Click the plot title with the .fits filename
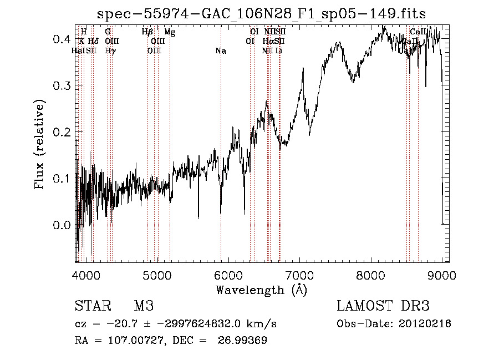pyautogui.click(x=261, y=14)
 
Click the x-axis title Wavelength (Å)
pyautogui.click(x=261, y=290)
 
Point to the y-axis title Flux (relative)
pyautogui.click(x=40, y=145)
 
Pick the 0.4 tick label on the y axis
pyautogui.click(x=61, y=39)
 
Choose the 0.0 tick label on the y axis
pyautogui.click(x=61, y=225)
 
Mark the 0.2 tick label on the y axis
pyautogui.click(x=61, y=132)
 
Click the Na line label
pyautogui.click(x=221, y=51)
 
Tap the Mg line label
pyautogui.click(x=170, y=32)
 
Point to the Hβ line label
pyautogui.click(x=147, y=32)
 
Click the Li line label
pyautogui.click(x=279, y=51)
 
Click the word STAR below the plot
pyautogui.click(x=93, y=306)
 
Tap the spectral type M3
pyautogui.click(x=144, y=306)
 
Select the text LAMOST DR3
pyautogui.click(x=383, y=306)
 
